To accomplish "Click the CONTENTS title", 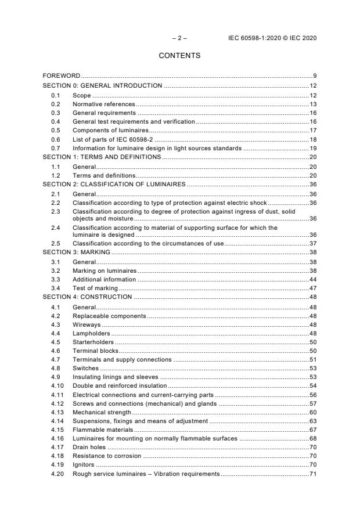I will tap(179, 56).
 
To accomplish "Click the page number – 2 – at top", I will tap(179, 38).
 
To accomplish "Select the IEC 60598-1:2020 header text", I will tap(273, 38).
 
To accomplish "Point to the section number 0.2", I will tap(56, 103).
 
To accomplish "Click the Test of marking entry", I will tap(95, 288).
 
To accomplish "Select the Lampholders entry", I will tap(91, 333).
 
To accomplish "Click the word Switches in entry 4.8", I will tap(85, 369).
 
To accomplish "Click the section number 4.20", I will tap(57, 474).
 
